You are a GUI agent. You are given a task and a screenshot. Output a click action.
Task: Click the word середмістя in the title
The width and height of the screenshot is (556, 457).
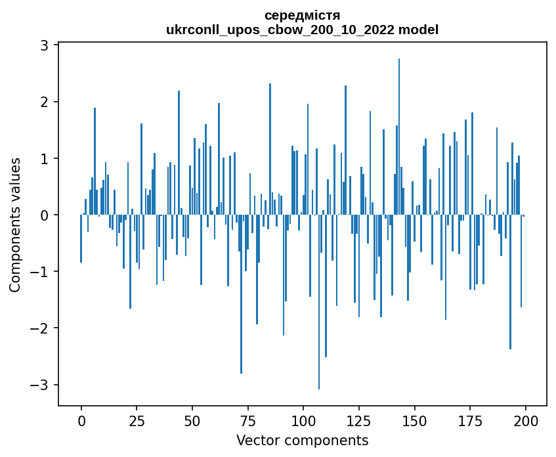302,15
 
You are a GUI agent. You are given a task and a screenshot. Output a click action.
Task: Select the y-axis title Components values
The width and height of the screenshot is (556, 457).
14,225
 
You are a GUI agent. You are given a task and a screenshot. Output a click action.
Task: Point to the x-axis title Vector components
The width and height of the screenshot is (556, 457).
302,440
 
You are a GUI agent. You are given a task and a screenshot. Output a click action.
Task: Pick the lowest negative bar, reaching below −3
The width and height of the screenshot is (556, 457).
319,302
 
